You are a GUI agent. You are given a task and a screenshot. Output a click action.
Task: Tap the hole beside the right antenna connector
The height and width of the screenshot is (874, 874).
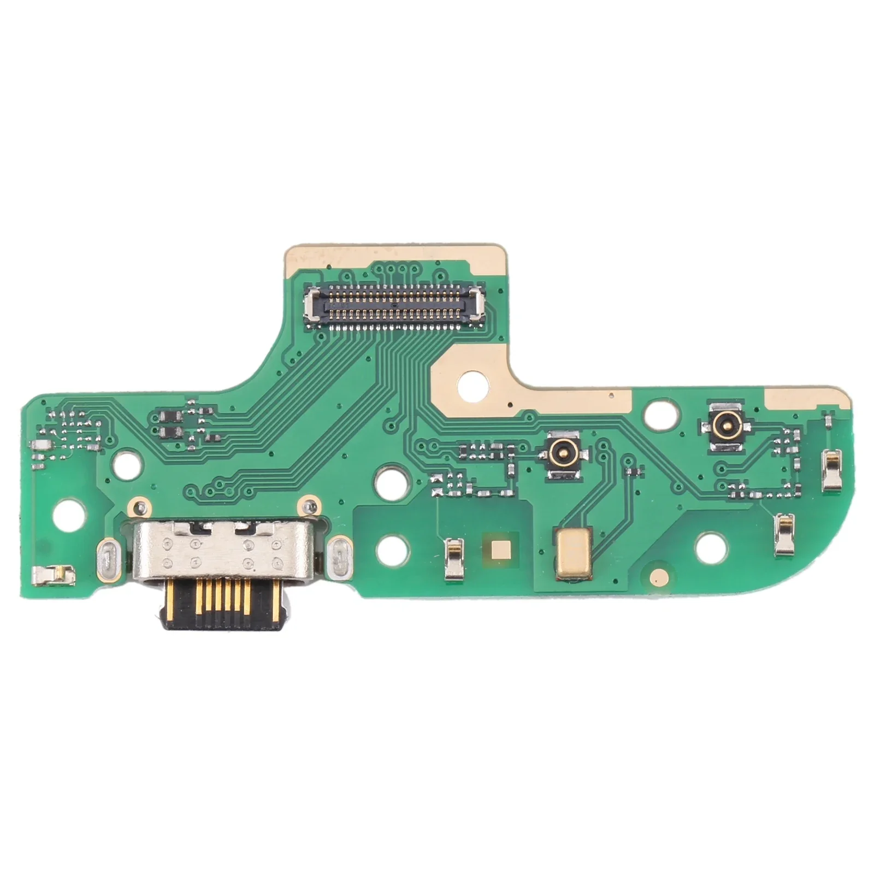tap(658, 414)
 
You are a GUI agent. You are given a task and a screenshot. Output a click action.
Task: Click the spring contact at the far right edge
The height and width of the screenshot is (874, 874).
tap(832, 470)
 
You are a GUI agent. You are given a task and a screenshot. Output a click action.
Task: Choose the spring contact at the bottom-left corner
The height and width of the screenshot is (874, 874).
tap(53, 574)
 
